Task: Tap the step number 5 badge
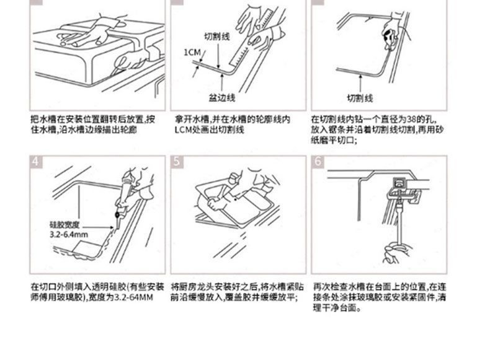177,162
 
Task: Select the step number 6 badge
318,162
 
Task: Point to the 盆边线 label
221,98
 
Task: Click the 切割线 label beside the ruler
217,37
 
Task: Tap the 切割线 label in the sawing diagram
359,98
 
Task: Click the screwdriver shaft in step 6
393,223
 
